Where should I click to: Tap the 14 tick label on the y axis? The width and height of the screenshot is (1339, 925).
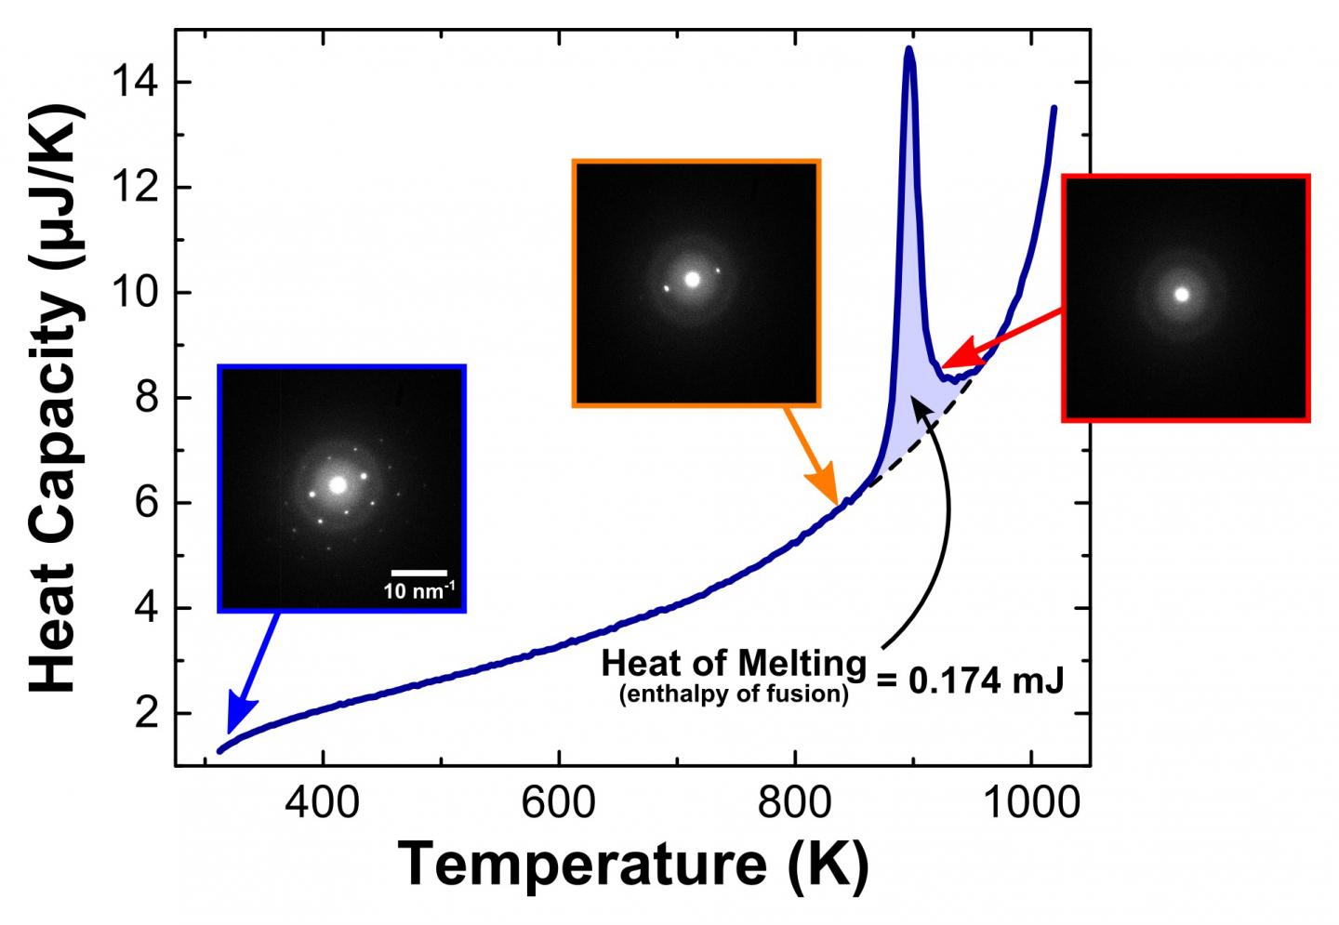coord(135,83)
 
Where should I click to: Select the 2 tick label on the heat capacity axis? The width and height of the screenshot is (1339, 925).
coord(147,714)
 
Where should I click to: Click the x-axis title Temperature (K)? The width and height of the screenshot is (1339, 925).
coord(634,864)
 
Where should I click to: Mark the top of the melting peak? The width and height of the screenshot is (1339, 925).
coord(908,48)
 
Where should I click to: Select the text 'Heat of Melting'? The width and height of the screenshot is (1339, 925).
coord(733,664)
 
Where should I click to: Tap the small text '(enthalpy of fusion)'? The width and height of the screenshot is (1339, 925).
coord(734,694)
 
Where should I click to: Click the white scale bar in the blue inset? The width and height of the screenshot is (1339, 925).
coord(418,573)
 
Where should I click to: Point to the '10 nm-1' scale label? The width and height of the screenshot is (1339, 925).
coord(418,590)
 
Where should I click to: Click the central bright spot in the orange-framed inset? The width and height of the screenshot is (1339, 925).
coord(692,279)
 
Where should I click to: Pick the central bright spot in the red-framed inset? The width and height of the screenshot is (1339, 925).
coord(1182,295)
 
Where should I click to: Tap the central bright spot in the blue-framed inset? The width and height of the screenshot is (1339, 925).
coord(338,485)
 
